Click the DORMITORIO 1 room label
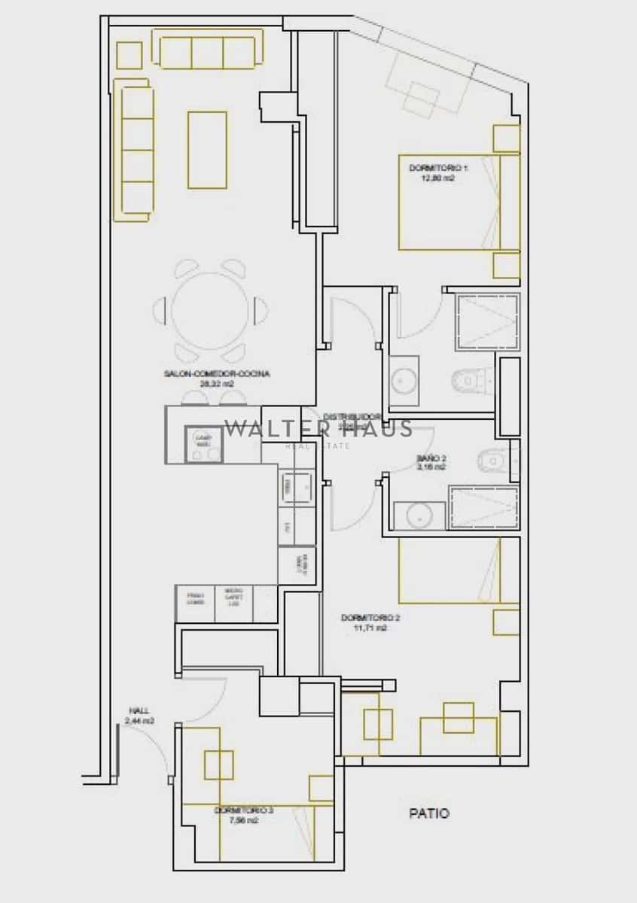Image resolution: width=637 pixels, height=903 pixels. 432,167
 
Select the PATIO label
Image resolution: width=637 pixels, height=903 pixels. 429,813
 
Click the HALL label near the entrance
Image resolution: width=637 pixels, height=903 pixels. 139,710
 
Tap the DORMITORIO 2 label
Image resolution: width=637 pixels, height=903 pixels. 370,618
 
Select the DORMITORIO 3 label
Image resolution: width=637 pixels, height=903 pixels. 244,810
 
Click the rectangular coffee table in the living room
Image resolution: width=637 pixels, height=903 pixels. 207,150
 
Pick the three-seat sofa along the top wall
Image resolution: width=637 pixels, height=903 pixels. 209,50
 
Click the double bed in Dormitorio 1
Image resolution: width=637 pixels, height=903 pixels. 452,203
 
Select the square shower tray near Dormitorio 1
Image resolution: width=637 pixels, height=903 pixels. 487,321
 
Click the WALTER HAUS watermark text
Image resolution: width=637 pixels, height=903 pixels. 318,429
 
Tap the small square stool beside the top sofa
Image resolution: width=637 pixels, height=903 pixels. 130,55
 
